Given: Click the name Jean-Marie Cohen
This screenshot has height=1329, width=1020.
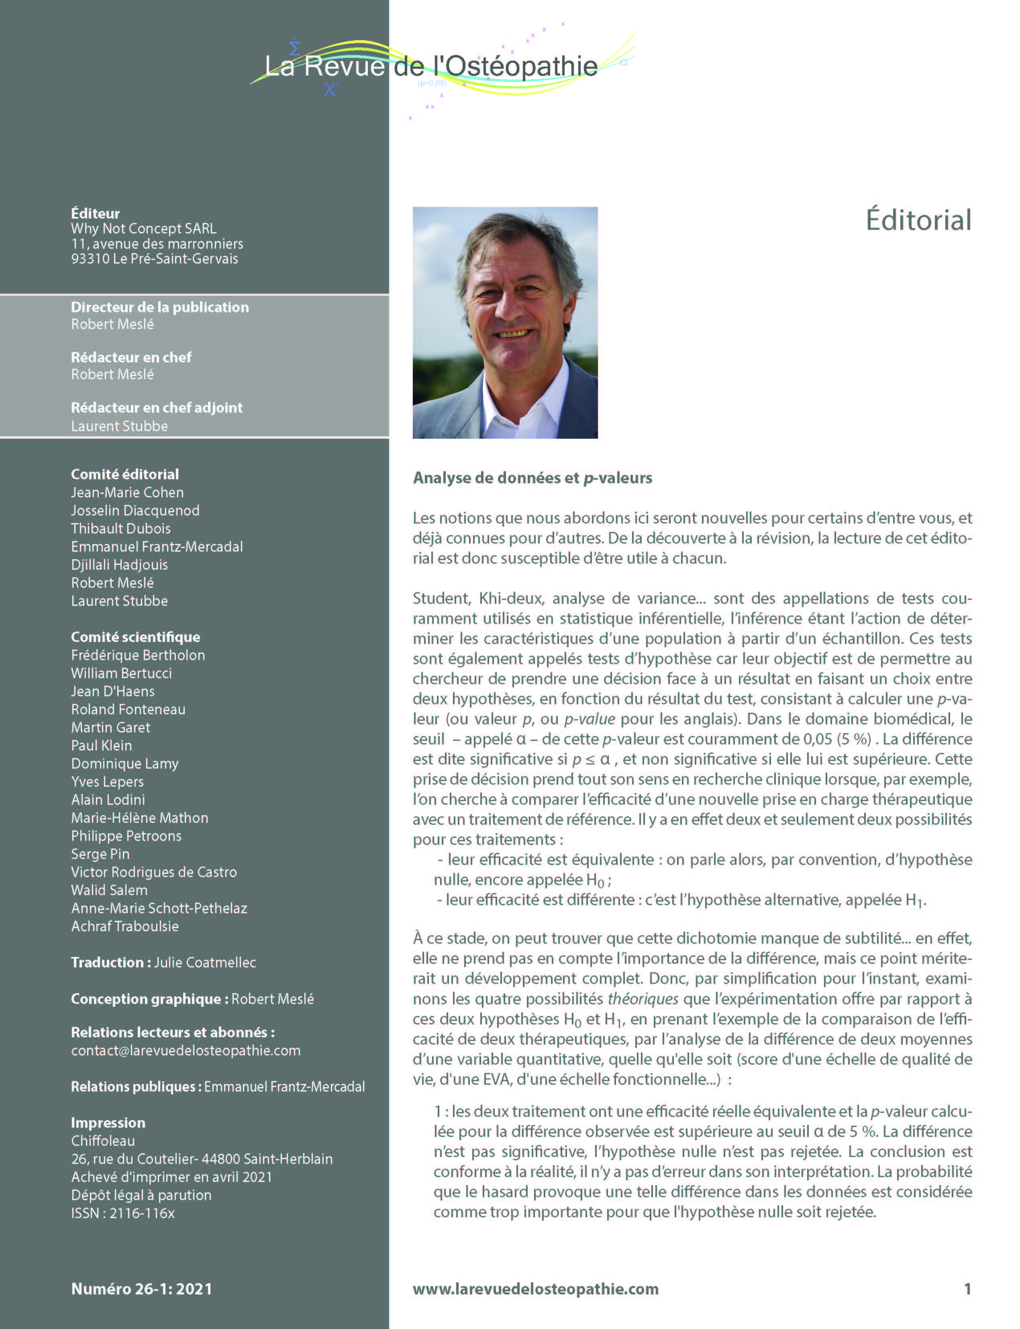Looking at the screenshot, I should point(127,493).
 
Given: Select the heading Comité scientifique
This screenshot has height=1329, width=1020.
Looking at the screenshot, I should point(135,637).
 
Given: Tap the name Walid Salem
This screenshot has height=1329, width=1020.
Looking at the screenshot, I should point(109,890).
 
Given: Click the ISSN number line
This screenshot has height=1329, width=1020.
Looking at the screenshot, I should point(122,1214).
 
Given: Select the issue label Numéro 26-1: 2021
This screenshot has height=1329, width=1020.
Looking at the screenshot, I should point(141,1289).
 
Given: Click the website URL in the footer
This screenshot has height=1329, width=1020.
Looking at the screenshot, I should point(536,1289).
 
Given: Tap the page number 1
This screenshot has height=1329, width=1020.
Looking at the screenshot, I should point(967,1289).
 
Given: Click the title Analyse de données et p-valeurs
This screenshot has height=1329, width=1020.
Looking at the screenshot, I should point(532,478).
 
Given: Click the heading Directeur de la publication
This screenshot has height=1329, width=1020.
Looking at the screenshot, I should point(160,307).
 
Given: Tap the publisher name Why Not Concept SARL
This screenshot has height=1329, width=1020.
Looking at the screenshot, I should point(143,229).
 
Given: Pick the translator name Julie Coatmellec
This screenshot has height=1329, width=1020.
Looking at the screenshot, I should point(205,963).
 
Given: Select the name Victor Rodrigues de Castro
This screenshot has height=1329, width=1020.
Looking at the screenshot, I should point(154,872).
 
